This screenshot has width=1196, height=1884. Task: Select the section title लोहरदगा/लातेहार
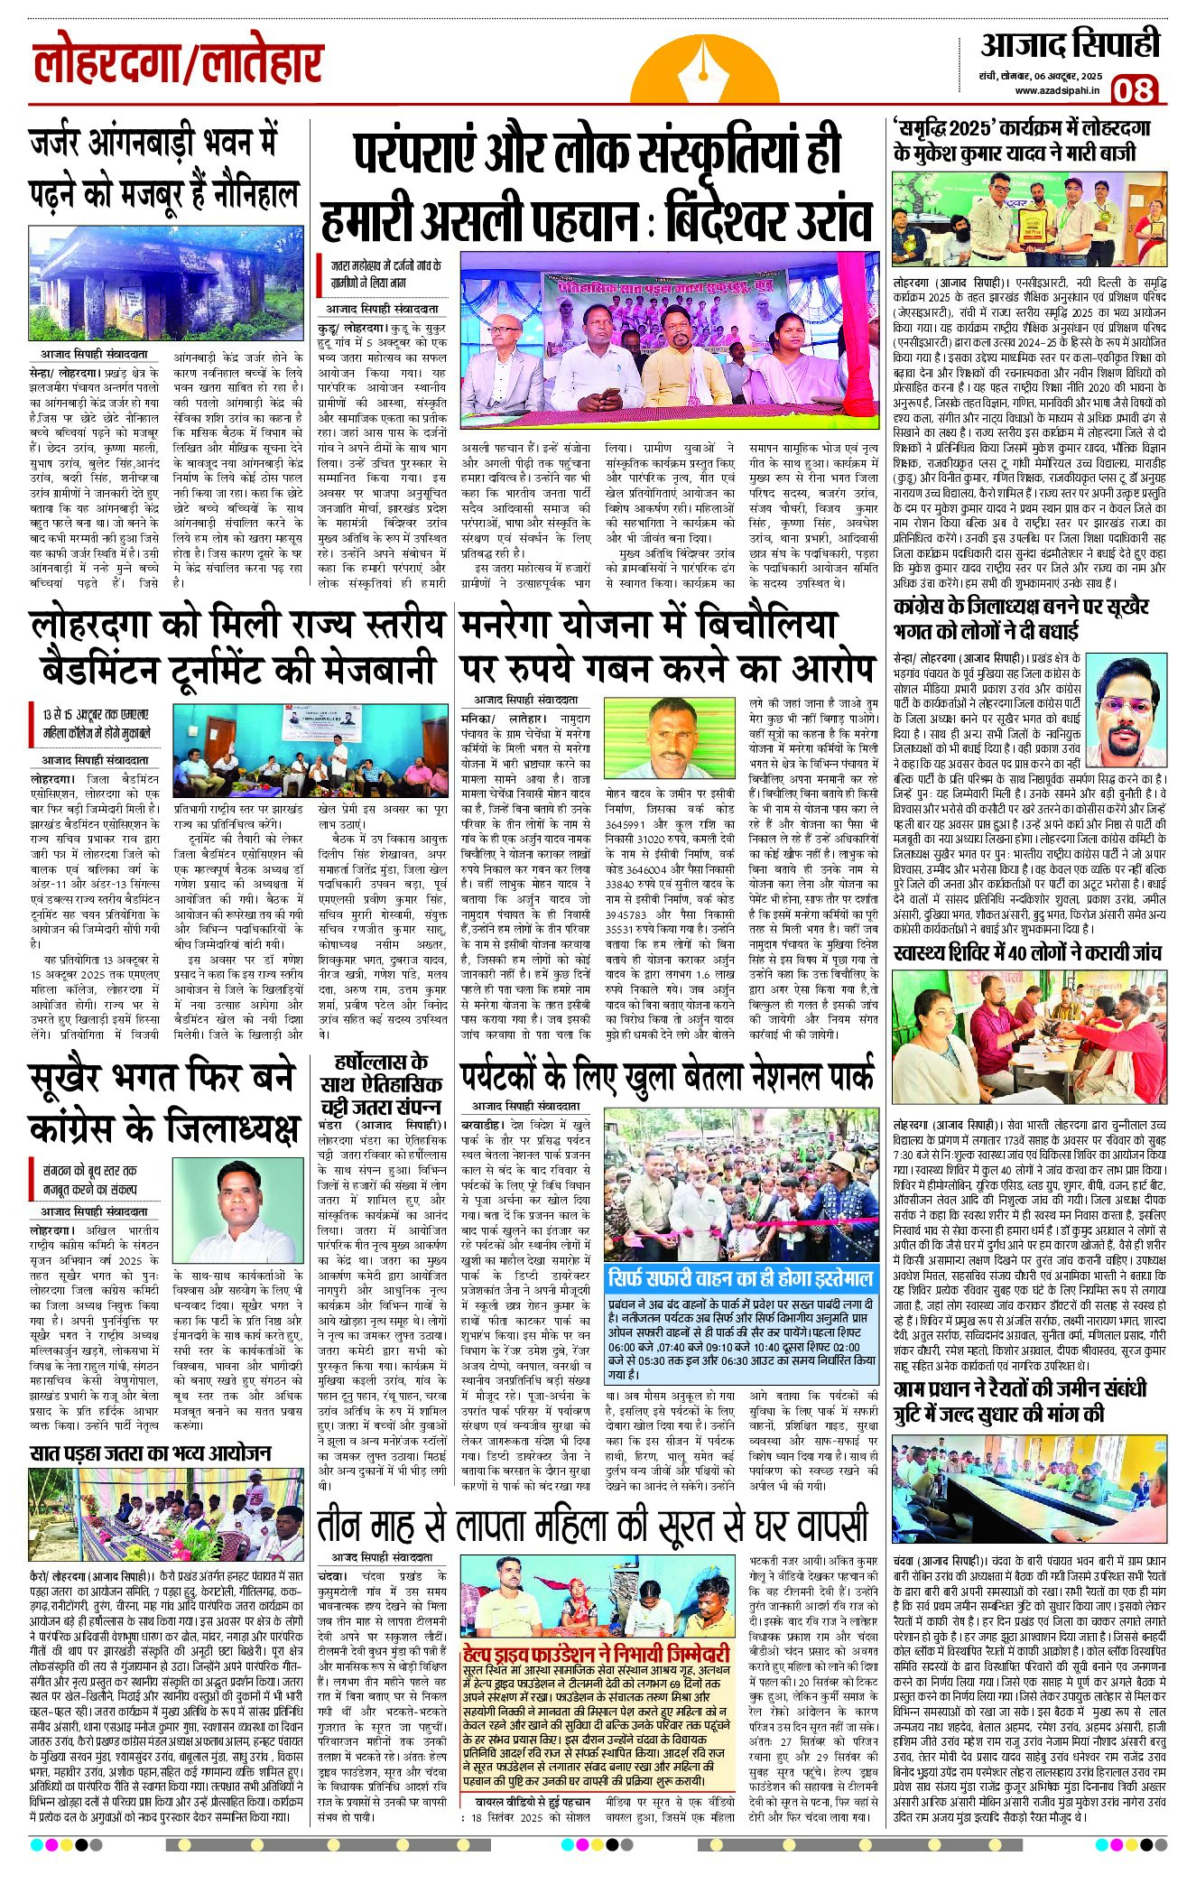178,65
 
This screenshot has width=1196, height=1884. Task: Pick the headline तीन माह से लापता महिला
591,1525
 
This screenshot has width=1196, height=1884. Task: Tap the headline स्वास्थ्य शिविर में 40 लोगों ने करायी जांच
1027,953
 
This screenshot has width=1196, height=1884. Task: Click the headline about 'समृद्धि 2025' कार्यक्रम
1027,141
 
